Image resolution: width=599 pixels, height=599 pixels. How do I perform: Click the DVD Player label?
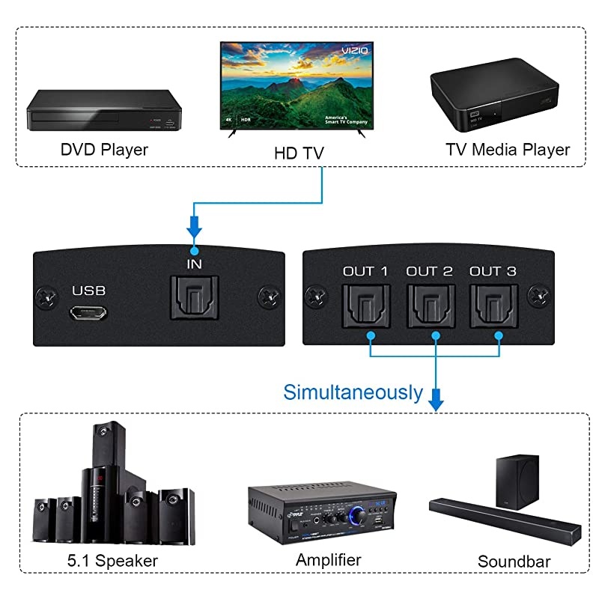click(104, 150)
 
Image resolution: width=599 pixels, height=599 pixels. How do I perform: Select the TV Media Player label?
click(508, 150)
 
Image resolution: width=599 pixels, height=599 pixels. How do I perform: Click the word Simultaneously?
click(353, 392)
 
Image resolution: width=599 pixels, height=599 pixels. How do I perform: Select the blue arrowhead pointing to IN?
click(194, 227)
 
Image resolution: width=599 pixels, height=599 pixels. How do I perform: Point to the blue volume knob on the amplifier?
click(360, 515)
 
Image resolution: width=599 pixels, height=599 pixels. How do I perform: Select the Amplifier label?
click(328, 559)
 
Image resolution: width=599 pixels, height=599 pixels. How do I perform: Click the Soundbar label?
click(514, 562)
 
